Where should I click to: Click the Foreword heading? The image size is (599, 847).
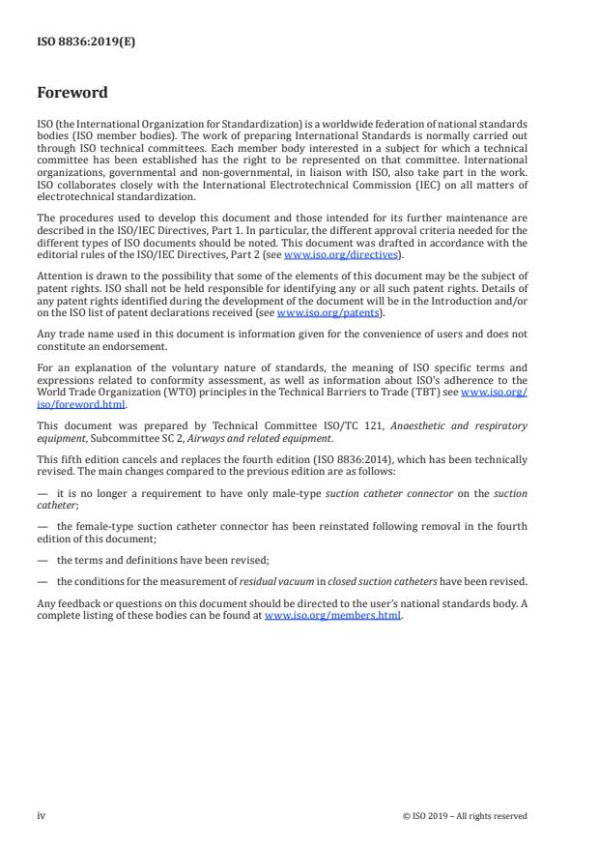click(x=71, y=93)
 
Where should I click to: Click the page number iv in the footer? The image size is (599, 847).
click(x=41, y=816)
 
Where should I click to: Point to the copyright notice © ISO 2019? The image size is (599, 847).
click(x=465, y=816)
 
